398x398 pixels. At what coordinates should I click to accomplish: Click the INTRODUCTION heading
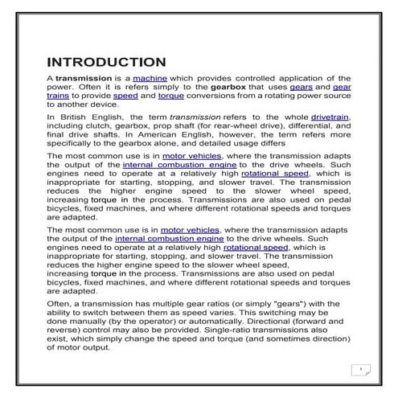[x=106, y=62]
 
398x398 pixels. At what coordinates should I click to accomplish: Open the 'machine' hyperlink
[x=150, y=76]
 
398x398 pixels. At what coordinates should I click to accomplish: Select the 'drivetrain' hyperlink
[x=331, y=117]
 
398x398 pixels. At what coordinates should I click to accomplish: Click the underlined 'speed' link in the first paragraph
[x=125, y=95]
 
